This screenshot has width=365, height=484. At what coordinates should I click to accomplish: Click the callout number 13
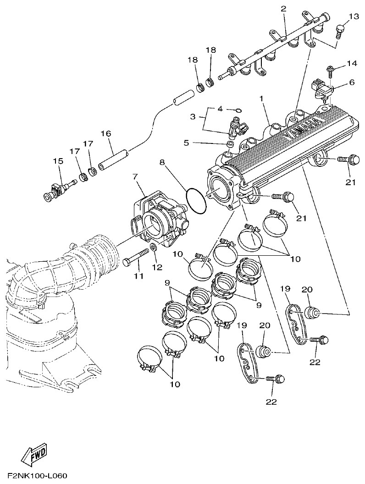354,17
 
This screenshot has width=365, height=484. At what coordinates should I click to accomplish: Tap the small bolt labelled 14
329,69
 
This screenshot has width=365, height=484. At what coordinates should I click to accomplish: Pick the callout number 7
135,176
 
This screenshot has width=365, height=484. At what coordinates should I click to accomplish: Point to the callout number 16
106,133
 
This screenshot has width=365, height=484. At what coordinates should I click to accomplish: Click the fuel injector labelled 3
236,129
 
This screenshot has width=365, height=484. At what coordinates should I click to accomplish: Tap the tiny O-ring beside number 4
238,110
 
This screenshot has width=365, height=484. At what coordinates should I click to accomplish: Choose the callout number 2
283,9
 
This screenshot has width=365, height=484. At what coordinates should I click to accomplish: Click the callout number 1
261,98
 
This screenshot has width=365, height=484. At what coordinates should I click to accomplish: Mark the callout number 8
162,162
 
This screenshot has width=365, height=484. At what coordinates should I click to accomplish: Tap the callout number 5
186,143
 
